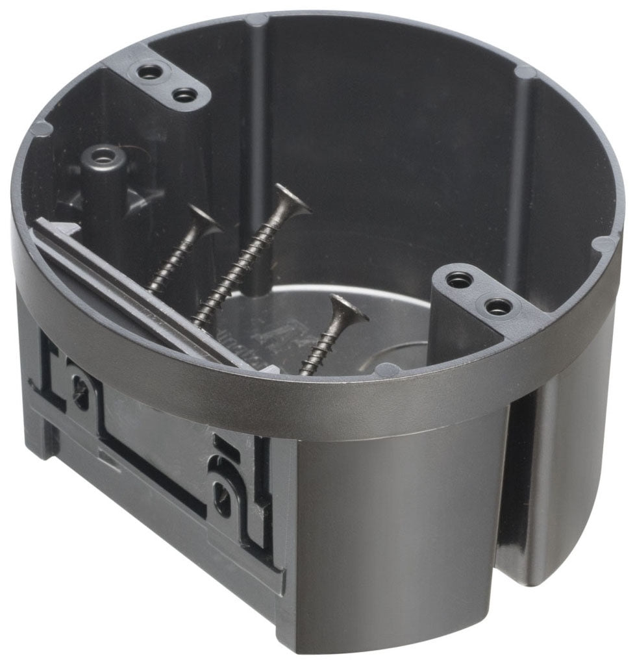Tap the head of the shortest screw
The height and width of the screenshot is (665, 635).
[x=343, y=311]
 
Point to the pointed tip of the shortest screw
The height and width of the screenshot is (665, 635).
[x=303, y=373]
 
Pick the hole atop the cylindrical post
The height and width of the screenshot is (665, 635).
[x=101, y=157]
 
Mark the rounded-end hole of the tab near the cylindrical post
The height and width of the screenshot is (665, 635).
[x=185, y=95]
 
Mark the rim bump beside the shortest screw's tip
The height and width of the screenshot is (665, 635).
[x=388, y=370]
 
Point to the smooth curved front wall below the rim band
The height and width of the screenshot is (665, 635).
[x=396, y=520]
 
